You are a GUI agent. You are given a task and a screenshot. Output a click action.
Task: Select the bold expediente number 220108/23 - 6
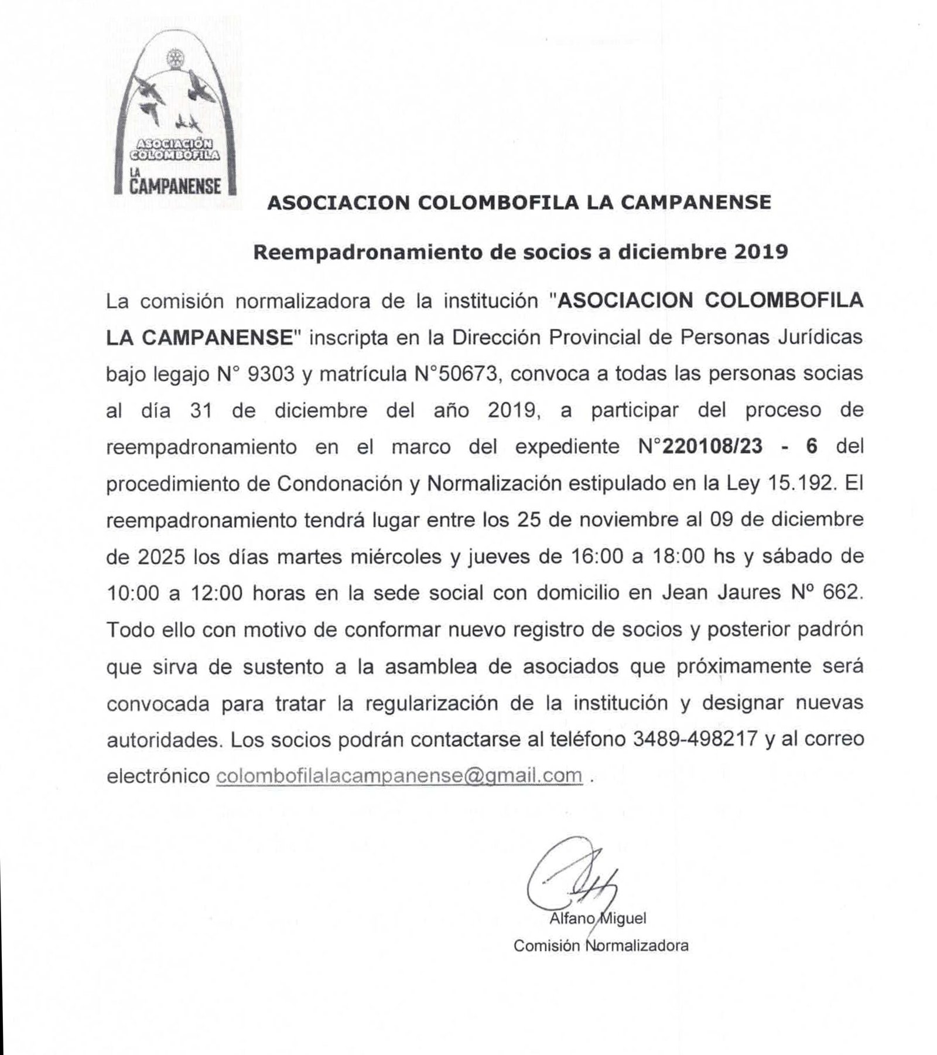[x=738, y=447]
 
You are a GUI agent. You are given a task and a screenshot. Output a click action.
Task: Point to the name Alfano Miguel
[x=597, y=918]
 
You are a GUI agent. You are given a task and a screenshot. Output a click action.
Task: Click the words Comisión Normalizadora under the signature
[x=601, y=945]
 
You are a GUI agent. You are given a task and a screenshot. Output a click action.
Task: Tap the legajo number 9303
[x=271, y=374]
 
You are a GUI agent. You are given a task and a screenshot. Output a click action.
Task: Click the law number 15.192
[x=799, y=484]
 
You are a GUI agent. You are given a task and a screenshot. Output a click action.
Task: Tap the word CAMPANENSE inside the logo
[x=175, y=186]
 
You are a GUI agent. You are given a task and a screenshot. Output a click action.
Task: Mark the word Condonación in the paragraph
[x=346, y=484]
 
